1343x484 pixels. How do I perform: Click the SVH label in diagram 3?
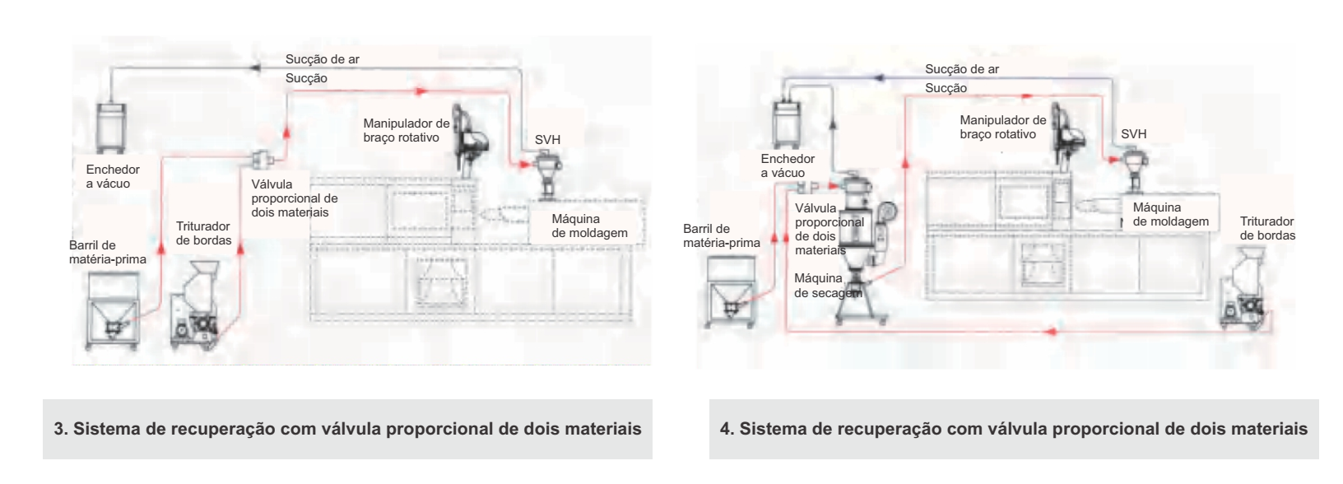tap(547, 140)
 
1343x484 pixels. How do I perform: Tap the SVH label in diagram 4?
tap(1133, 134)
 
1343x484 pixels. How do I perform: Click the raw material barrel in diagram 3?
tap(113, 309)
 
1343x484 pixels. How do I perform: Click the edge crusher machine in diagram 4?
tap(1245, 296)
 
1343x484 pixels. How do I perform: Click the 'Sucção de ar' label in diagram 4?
tap(961, 69)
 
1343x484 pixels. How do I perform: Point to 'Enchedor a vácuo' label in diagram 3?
tap(112, 176)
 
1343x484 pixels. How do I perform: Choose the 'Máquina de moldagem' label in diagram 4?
tap(1170, 214)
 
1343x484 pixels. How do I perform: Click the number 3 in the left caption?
tap(58, 429)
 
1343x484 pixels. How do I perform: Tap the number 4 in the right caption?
tap(725, 429)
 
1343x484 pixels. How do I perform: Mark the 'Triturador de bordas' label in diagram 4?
tap(1267, 228)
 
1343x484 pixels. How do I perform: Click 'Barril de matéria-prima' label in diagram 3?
tap(107, 252)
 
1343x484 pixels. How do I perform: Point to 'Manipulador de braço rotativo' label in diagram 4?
tap(1002, 127)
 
